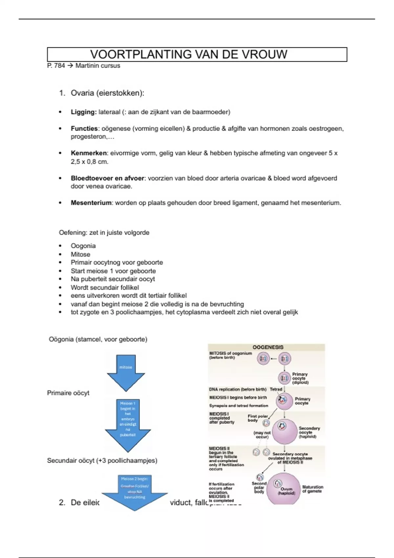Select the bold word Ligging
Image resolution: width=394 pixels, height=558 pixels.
(x=83, y=112)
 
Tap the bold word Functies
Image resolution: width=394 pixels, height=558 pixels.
(x=84, y=128)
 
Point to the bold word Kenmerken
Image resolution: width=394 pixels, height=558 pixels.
(x=89, y=153)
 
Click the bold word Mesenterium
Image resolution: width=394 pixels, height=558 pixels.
(x=91, y=203)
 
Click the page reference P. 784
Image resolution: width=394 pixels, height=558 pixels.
(x=56, y=66)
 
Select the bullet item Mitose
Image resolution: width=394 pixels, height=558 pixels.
(x=80, y=254)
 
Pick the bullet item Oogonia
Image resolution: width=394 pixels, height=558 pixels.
(x=83, y=246)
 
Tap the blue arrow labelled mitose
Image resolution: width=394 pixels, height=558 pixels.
(x=126, y=373)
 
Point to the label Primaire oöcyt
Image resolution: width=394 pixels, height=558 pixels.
(x=68, y=393)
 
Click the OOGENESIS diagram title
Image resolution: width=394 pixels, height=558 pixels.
(x=268, y=347)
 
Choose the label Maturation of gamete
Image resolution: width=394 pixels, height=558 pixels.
(x=312, y=489)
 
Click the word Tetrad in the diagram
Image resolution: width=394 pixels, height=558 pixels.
(x=276, y=389)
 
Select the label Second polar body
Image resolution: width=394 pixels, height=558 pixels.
(x=259, y=487)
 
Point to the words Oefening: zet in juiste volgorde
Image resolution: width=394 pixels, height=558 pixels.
(x=104, y=233)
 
